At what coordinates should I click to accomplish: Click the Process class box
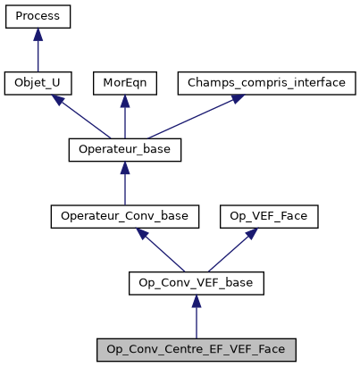(38, 16)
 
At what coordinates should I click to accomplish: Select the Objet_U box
(38, 83)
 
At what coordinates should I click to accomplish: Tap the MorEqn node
(125, 83)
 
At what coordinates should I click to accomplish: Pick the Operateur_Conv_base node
(125, 217)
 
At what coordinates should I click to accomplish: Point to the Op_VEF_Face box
(255, 217)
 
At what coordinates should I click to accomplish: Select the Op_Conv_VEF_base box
(197, 284)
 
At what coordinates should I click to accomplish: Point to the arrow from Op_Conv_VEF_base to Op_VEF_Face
(225, 251)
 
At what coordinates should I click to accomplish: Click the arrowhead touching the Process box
(38, 34)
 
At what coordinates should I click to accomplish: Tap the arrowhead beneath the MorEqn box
(125, 101)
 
